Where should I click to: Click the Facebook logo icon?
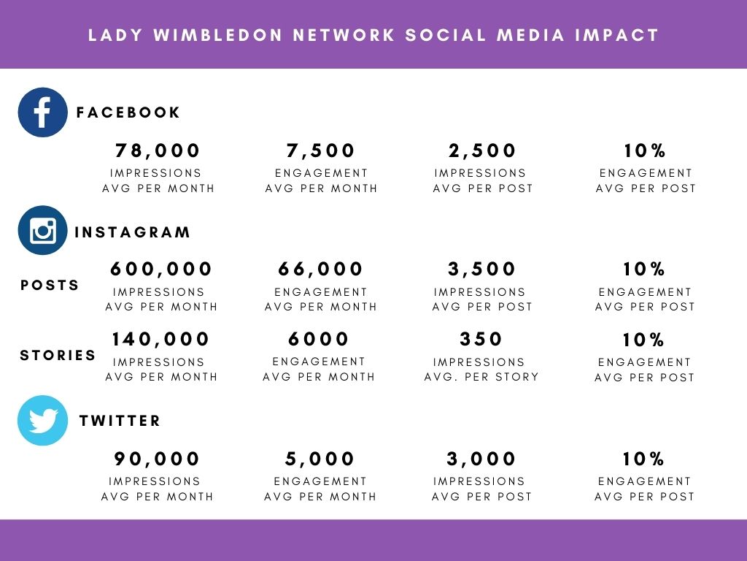tap(42, 112)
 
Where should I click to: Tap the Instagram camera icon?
tap(42, 231)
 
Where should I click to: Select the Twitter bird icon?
tap(42, 421)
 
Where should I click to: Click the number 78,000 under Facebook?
tap(158, 151)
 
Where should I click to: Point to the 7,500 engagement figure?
tap(321, 151)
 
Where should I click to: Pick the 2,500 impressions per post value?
tap(483, 151)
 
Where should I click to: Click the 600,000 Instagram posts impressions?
tap(161, 270)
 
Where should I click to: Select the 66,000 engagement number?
tap(321, 270)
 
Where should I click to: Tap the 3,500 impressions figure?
tap(482, 270)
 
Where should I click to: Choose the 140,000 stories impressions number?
tap(160, 340)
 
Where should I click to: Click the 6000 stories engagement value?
tap(319, 340)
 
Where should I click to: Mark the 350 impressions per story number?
tap(481, 340)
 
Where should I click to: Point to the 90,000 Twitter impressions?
tap(157, 459)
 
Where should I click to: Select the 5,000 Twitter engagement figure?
tap(320, 459)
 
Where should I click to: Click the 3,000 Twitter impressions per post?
tap(481, 459)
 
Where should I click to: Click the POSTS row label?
tap(50, 286)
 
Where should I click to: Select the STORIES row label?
tap(58, 356)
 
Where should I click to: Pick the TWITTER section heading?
tap(120, 421)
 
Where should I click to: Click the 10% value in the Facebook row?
tap(645, 151)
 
